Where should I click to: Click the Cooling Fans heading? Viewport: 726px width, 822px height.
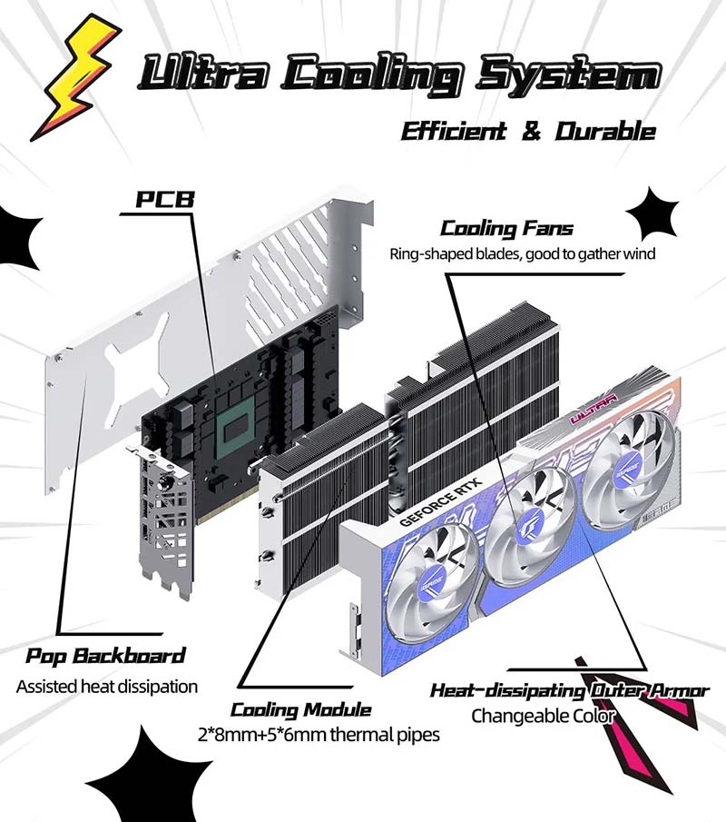pos(506,228)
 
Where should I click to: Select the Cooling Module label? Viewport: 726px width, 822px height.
pos(300,709)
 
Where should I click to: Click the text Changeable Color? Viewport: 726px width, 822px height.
pos(543,716)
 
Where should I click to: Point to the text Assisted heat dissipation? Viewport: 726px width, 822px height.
pos(106,686)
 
